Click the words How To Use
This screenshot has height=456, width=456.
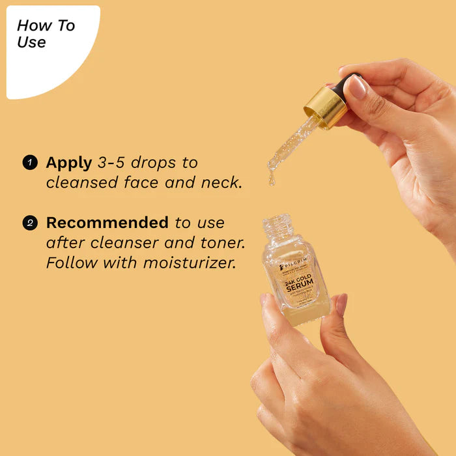tap(46, 34)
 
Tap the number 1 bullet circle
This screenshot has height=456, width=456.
tap(30, 162)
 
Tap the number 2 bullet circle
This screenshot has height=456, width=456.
tap(30, 223)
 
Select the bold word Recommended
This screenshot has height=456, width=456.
tap(107, 222)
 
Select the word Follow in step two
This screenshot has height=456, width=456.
tap(70, 263)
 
